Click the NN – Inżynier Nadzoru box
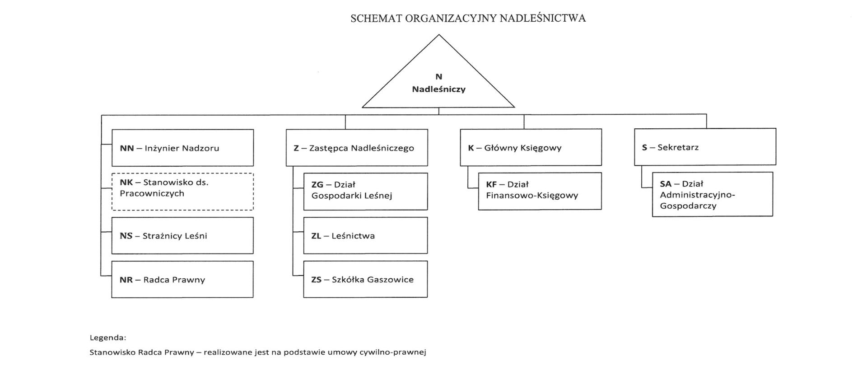[182, 148]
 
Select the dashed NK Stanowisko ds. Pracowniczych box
[182, 192]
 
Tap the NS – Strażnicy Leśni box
[182, 235]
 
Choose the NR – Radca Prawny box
[182, 279]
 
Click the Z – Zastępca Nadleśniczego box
[357, 148]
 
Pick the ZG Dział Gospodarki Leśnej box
[365, 191]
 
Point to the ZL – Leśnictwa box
[365, 235]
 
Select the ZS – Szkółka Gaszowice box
[365, 279]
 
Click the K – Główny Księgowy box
[531, 147]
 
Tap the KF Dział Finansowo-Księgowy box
[540, 191]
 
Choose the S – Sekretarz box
[705, 147]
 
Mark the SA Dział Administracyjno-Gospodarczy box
[712, 194]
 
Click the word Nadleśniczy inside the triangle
[438, 89]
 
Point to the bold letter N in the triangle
[438, 77]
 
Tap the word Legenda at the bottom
[107, 338]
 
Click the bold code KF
[491, 184]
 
